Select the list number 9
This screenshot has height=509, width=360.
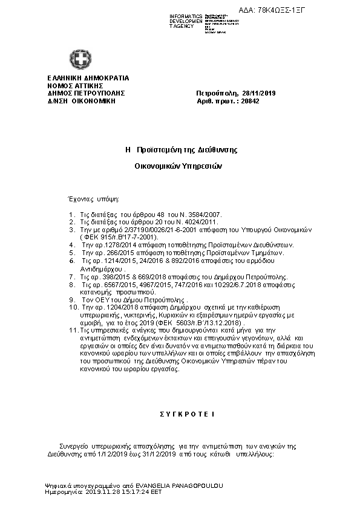(72, 299)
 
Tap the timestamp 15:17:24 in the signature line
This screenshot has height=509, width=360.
(132, 493)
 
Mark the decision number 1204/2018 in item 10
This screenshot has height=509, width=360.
(119, 307)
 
